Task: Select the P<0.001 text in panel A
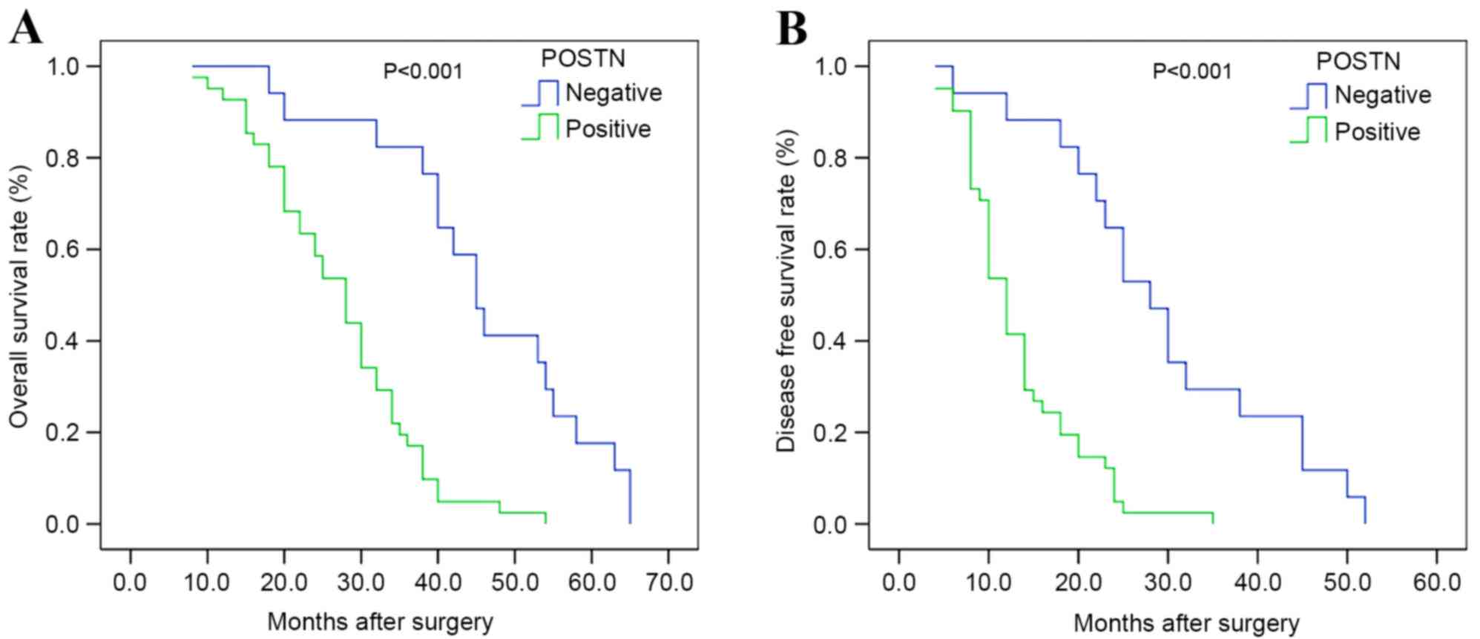422,71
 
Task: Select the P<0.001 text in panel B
1191,71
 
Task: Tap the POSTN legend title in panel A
582,58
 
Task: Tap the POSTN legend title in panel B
1358,60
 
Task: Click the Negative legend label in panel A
613,93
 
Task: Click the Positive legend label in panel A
608,129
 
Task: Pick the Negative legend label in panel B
1382,95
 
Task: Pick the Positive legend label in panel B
1377,132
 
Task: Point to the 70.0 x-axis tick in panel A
668,582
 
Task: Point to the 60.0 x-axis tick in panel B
1436,582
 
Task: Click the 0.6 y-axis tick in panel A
62,249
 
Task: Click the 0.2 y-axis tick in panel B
831,433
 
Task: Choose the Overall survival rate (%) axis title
19,297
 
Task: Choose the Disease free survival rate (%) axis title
787,291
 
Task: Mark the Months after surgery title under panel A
380,622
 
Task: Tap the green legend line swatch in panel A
540,128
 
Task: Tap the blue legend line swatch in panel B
1309,96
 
